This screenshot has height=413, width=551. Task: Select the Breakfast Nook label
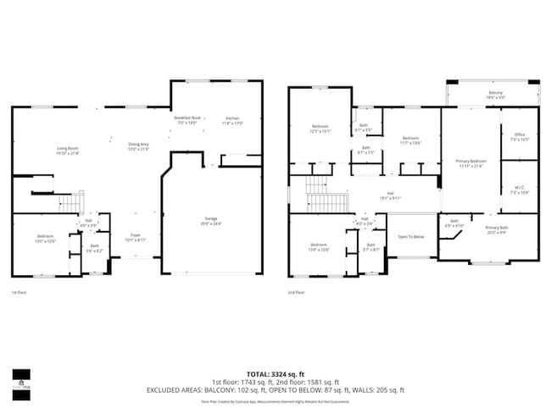(187, 118)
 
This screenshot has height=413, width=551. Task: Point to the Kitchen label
(233, 118)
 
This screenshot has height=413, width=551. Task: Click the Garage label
(211, 218)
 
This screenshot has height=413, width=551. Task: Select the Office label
(520, 134)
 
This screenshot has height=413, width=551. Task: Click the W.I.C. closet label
(520, 188)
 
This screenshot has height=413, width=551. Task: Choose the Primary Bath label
(497, 228)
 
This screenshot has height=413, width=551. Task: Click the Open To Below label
(411, 236)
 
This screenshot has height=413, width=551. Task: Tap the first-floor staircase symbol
(70, 202)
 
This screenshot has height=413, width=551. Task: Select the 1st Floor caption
(19, 292)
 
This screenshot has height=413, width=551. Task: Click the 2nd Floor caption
(296, 292)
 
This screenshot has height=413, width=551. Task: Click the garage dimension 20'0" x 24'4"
(211, 223)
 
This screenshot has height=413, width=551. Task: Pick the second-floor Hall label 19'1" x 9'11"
(390, 195)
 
